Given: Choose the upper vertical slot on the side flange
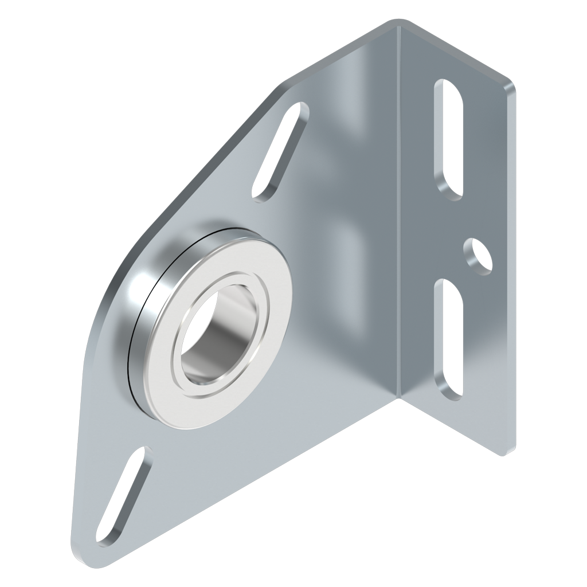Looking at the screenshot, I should pos(449,138).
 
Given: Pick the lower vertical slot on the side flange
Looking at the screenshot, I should pos(449,338).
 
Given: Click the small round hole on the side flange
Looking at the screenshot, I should pos(477,255).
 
